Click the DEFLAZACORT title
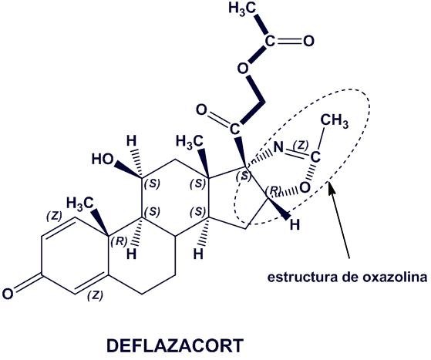pyautogui.click(x=175, y=345)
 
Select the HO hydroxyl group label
pyautogui.click(x=103, y=159)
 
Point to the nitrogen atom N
pyautogui.click(x=278, y=147)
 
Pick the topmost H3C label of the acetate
pyautogui.click(x=242, y=8)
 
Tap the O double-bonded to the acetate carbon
pyautogui.click(x=308, y=41)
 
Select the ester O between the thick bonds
pyautogui.click(x=242, y=69)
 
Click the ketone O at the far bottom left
pyautogui.click(x=8, y=294)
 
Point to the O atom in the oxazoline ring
pyautogui.click(x=305, y=187)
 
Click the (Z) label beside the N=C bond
pyautogui.click(x=301, y=145)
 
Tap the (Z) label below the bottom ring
pyautogui.click(x=95, y=296)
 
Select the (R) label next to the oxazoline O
pyautogui.click(x=274, y=190)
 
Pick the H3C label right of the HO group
pyautogui.click(x=190, y=142)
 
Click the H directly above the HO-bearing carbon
pyautogui.click(x=131, y=141)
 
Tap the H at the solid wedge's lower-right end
pyautogui.click(x=295, y=225)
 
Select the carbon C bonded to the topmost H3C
pyautogui.click(x=270, y=41)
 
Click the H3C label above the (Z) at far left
pyautogui.click(x=80, y=204)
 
